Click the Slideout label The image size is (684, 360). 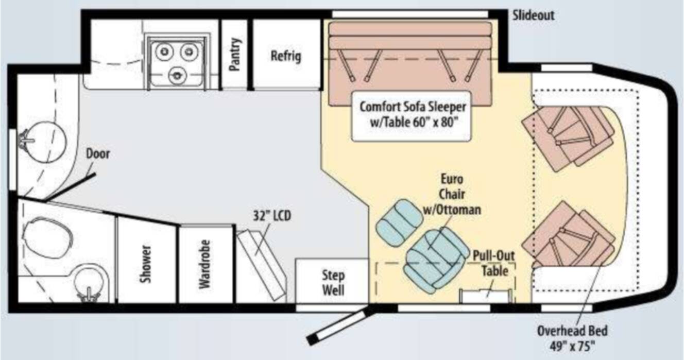[533, 15]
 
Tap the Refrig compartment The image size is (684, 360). [286, 55]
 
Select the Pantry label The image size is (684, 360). [235, 55]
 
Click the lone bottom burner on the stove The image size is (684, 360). [177, 75]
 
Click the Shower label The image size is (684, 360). [145, 264]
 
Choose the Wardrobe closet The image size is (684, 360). [206, 264]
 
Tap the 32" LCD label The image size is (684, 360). [272, 216]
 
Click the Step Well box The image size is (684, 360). [333, 281]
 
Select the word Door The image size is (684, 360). [98, 153]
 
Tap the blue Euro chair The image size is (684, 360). [436, 261]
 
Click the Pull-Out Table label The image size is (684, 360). [494, 263]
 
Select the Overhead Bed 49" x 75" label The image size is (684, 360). [573, 338]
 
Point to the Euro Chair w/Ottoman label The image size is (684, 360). [452, 194]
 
